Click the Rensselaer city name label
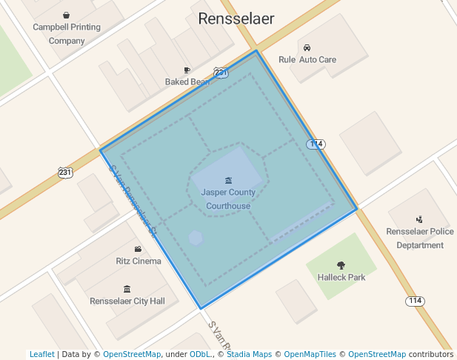coord(236,19)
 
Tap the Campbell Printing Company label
coord(67,34)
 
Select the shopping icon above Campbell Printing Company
coord(67,15)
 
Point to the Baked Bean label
coord(187,82)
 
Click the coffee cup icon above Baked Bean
coord(187,70)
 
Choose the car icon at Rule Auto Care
coord(307,47)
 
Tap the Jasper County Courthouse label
coord(228,199)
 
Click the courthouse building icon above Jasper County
coord(228,180)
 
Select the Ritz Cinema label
coord(139,261)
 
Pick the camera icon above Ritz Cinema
coord(138,249)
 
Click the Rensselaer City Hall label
coord(127,301)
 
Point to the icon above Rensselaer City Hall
coord(127,289)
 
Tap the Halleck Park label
coord(341,278)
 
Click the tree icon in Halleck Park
coord(341,265)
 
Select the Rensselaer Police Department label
coord(420,238)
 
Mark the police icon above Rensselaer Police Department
coord(420,219)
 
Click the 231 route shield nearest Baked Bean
coord(221,72)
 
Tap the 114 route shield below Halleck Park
coord(415,301)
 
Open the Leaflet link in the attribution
coord(41,354)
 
